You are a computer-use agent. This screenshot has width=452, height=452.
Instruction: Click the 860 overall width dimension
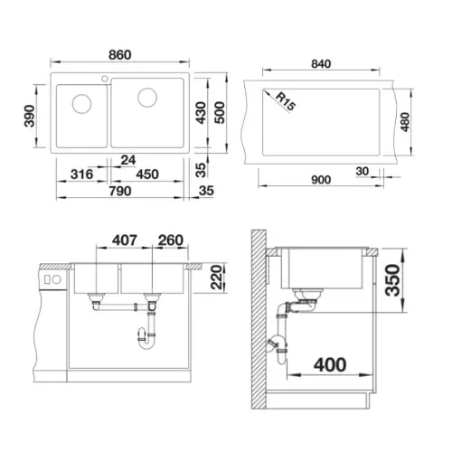(120, 55)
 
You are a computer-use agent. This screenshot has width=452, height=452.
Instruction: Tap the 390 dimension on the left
(30, 116)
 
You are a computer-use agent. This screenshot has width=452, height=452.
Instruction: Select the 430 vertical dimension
(201, 113)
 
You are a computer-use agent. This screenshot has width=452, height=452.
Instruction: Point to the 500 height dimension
(220, 113)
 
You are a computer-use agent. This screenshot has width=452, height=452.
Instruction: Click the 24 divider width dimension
(128, 160)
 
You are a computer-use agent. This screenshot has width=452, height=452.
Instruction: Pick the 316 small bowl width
(81, 174)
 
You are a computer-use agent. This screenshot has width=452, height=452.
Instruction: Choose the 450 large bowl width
(147, 174)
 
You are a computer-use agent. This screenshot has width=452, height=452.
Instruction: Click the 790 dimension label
(120, 191)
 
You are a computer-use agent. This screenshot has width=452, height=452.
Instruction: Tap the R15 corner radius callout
(286, 101)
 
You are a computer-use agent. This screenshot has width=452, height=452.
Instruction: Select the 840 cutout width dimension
(321, 64)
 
